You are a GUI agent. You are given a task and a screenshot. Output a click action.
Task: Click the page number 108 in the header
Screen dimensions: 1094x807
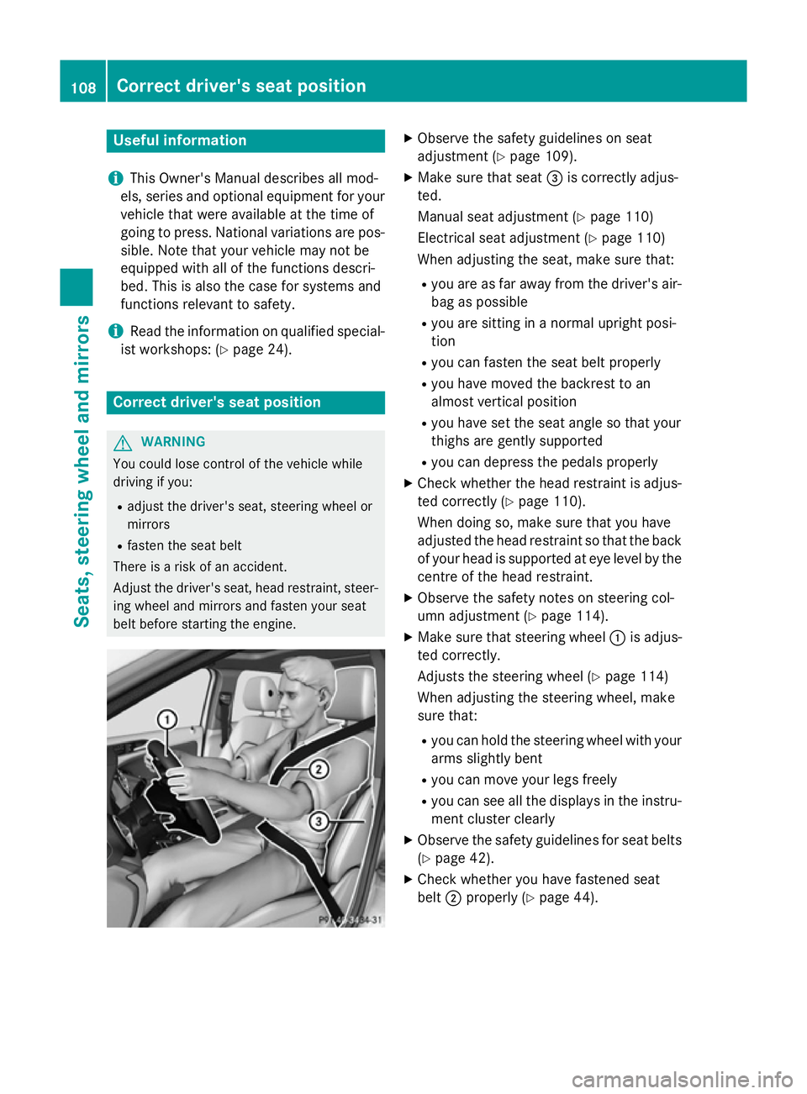pyautogui.click(x=83, y=87)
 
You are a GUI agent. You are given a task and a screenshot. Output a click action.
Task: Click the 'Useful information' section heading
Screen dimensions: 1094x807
pyautogui.click(x=180, y=140)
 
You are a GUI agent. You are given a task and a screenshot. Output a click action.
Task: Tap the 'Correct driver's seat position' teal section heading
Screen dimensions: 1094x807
pyautogui.click(x=217, y=402)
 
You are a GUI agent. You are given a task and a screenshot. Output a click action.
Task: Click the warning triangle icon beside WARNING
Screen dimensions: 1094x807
pyautogui.click(x=123, y=443)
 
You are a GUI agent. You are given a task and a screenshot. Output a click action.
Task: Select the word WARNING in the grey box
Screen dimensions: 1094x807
pyautogui.click(x=173, y=442)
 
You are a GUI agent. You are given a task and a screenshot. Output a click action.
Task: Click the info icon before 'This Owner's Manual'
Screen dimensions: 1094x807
pyautogui.click(x=115, y=178)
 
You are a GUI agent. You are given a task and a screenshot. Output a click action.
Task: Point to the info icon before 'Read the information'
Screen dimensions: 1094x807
pyautogui.click(x=115, y=331)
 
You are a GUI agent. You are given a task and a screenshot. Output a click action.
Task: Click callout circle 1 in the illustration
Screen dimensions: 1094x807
pyautogui.click(x=167, y=719)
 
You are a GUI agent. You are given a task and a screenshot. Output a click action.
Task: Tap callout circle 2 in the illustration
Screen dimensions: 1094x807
pyautogui.click(x=319, y=769)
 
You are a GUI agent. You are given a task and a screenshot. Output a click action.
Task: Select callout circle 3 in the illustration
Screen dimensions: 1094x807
pyautogui.click(x=319, y=821)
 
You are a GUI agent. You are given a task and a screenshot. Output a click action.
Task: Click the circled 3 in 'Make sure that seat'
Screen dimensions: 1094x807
pyautogui.click(x=555, y=178)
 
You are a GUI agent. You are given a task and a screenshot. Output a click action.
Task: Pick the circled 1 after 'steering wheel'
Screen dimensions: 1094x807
pyautogui.click(x=617, y=638)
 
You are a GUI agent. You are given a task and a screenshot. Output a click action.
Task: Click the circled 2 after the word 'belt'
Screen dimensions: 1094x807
pyautogui.click(x=453, y=898)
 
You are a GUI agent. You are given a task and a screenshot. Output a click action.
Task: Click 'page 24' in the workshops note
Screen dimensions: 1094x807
pyautogui.click(x=260, y=350)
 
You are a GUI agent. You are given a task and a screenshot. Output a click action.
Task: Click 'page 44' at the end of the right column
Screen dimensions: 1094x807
pyautogui.click(x=566, y=897)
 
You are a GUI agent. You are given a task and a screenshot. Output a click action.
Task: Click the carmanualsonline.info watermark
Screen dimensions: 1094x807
pyautogui.click(x=682, y=1079)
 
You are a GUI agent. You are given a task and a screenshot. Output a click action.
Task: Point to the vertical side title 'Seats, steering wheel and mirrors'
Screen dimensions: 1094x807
pyautogui.click(x=82, y=471)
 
